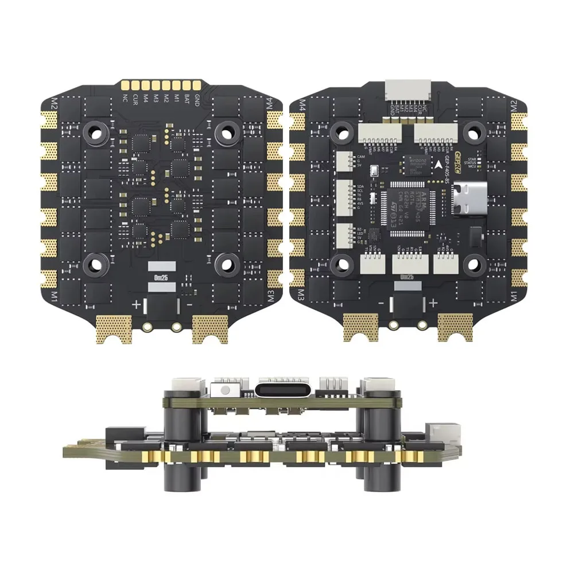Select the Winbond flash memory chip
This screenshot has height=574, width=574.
pyautogui.click(x=414, y=164)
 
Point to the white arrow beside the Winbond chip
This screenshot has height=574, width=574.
pyautogui.click(x=439, y=164)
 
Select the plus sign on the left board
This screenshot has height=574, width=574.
pyautogui.click(x=136, y=305)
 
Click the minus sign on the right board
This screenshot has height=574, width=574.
pyautogui.click(x=381, y=302)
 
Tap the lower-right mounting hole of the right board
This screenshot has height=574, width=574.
pyautogui.click(x=472, y=263)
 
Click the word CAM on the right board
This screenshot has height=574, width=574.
pyautogui.click(x=361, y=156)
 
